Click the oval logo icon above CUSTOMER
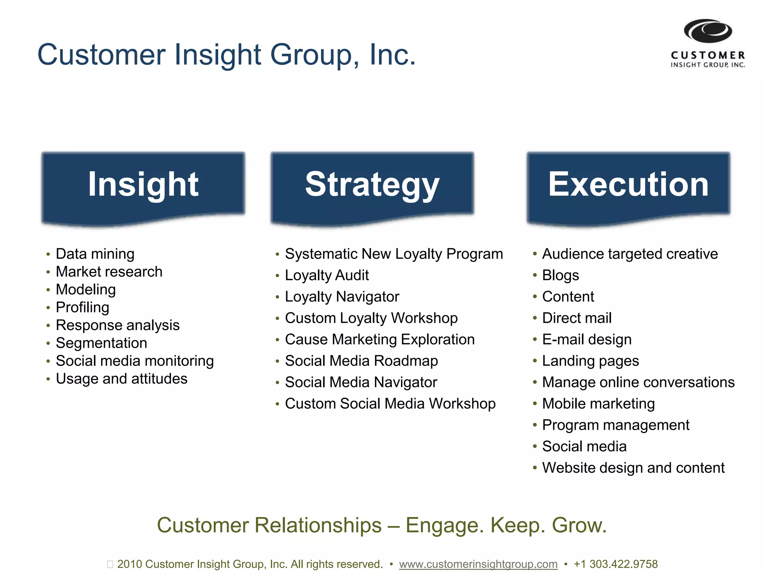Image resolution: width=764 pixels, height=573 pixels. point(708,31)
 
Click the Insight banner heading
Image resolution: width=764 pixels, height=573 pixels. point(143,184)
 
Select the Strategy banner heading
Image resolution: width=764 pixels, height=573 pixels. point(372,184)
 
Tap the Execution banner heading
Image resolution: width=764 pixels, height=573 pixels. point(628,184)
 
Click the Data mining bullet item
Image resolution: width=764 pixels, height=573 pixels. point(95,254)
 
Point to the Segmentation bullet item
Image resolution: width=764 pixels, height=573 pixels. point(101,343)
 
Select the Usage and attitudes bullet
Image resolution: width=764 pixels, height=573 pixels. point(122,379)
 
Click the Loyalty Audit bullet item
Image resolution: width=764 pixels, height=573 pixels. point(327,275)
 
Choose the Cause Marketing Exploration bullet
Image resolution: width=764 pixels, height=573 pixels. point(380,339)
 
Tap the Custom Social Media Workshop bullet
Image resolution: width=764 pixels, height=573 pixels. point(390,404)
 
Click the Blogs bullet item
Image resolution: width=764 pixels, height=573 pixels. point(560,275)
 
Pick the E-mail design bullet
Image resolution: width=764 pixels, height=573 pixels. point(587,339)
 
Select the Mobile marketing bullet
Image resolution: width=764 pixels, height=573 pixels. point(598,404)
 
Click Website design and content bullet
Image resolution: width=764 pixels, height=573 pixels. point(633,468)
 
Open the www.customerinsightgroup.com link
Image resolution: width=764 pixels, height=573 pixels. point(478,564)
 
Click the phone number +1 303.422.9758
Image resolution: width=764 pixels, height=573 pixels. point(616,564)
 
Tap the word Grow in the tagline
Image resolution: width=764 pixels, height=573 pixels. point(579,525)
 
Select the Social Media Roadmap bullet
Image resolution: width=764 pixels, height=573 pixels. point(361,361)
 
